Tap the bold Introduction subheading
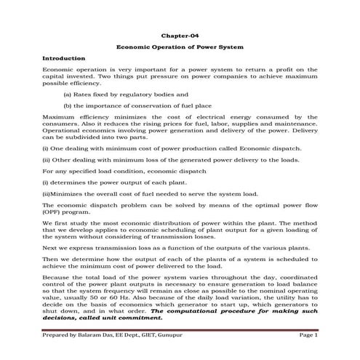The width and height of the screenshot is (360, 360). point(65,57)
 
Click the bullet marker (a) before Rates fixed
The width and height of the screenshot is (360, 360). point(68,94)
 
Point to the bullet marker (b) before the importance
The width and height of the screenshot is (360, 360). point(68,105)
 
